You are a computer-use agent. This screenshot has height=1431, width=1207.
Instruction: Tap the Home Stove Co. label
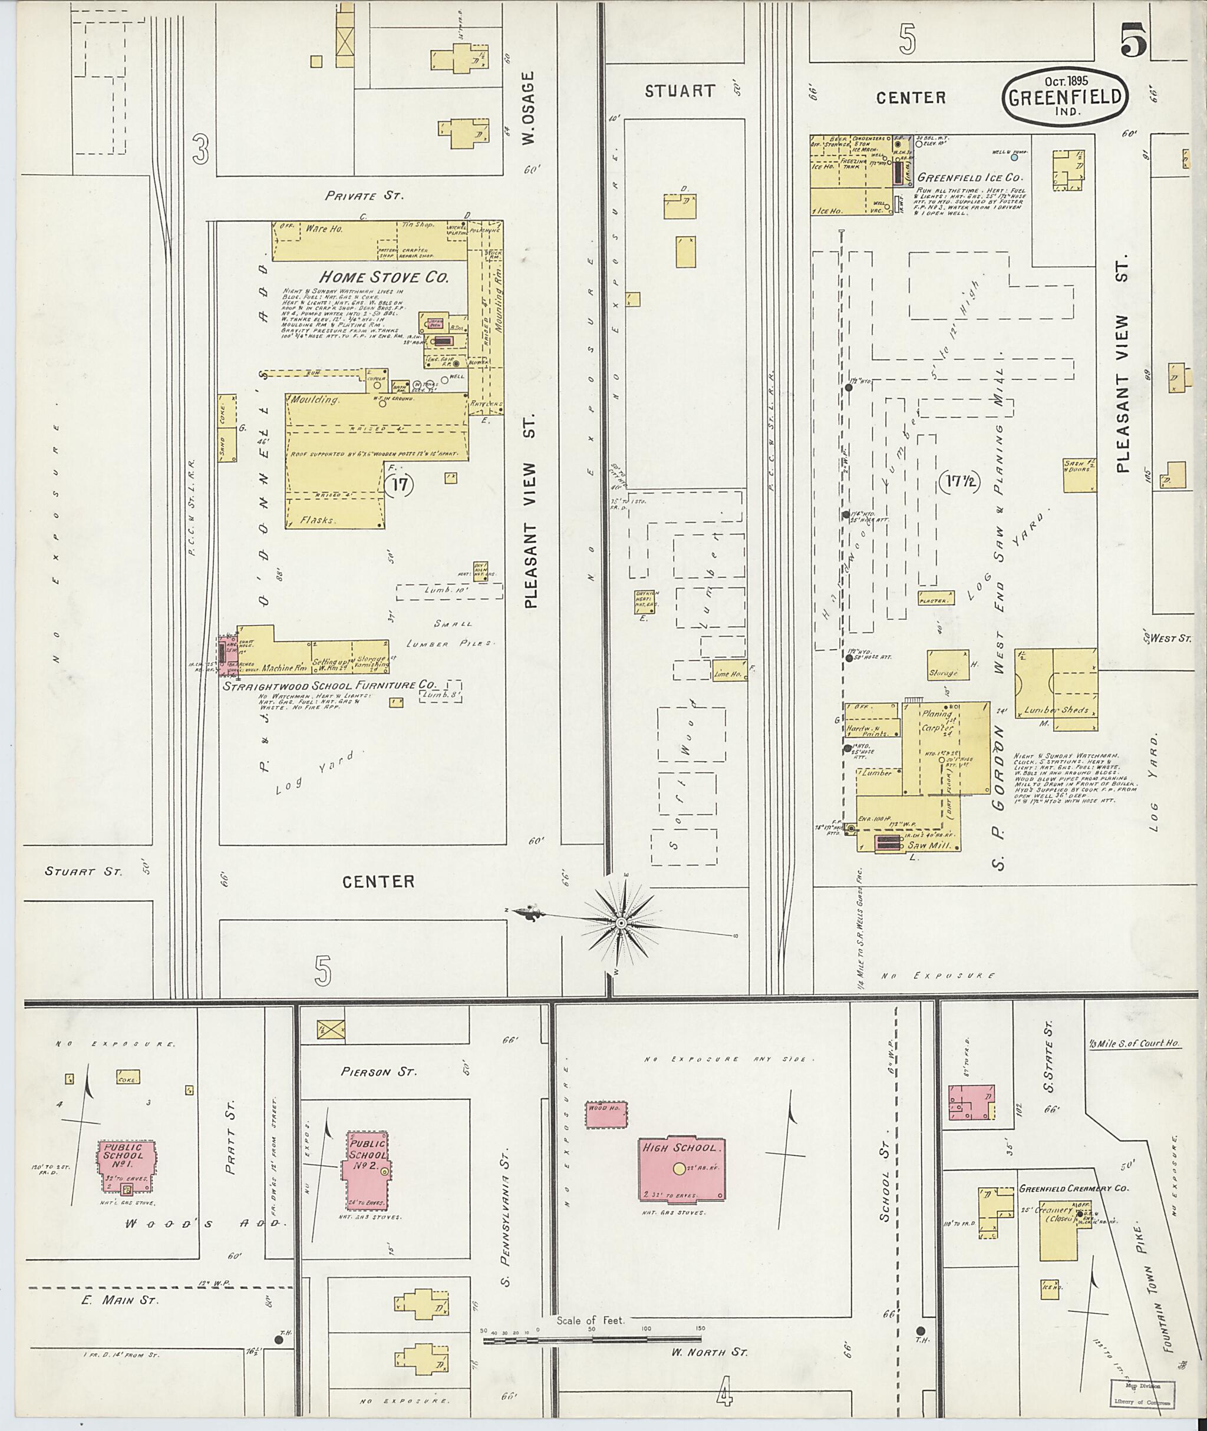[384, 277]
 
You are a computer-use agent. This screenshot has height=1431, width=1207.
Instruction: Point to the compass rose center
[621, 923]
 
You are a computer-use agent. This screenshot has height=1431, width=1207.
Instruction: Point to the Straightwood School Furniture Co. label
[328, 685]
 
